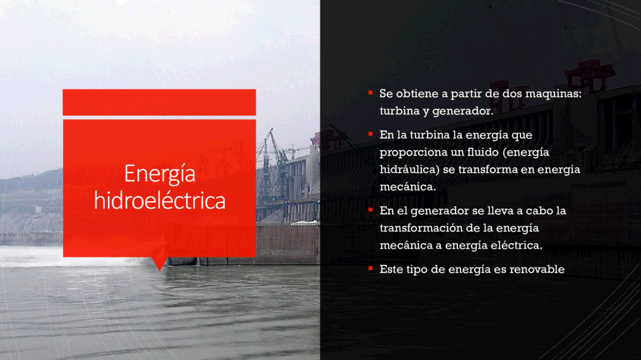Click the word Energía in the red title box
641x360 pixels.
(160, 175)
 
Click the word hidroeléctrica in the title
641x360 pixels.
(160, 200)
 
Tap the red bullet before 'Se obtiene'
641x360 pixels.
(370, 93)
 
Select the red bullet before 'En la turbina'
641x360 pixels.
(370, 133)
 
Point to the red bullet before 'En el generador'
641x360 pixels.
(370, 210)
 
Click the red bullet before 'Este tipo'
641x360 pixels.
(370, 268)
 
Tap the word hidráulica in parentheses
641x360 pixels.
(410, 169)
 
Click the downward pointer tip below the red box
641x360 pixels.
(159, 270)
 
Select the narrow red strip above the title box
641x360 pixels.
(159, 102)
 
